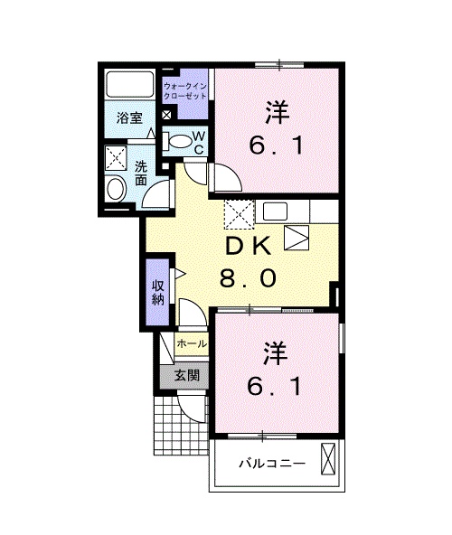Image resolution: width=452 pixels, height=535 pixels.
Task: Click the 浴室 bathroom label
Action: coord(129,118)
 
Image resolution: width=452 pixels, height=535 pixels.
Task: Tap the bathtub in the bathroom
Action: coord(130,84)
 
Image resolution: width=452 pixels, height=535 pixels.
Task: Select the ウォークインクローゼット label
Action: coord(185,90)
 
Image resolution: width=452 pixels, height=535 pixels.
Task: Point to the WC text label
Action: coord(199,143)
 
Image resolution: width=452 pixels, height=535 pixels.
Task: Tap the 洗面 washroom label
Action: coord(141,173)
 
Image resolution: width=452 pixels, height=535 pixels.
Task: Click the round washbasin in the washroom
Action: coord(116,189)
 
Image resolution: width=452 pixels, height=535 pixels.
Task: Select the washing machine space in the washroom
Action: coord(116,157)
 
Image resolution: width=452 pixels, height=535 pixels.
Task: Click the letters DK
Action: coord(249,246)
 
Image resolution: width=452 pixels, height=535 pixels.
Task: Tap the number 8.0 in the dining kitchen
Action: coord(248,278)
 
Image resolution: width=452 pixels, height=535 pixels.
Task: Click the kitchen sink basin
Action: coord(275,211)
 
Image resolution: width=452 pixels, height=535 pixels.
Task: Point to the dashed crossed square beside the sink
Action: coord(239,214)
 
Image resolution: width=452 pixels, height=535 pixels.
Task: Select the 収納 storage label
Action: coord(158,292)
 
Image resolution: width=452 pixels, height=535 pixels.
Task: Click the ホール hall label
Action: coord(192,343)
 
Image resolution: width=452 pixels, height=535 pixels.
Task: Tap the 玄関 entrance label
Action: coord(187,376)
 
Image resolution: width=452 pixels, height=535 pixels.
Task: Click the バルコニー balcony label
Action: coord(272,464)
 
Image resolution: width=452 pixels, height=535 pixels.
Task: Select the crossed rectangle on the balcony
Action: coord(328,459)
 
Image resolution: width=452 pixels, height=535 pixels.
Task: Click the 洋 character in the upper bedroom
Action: coord(278,113)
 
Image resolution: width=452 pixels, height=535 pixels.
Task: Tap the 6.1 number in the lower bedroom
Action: coord(275,387)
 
